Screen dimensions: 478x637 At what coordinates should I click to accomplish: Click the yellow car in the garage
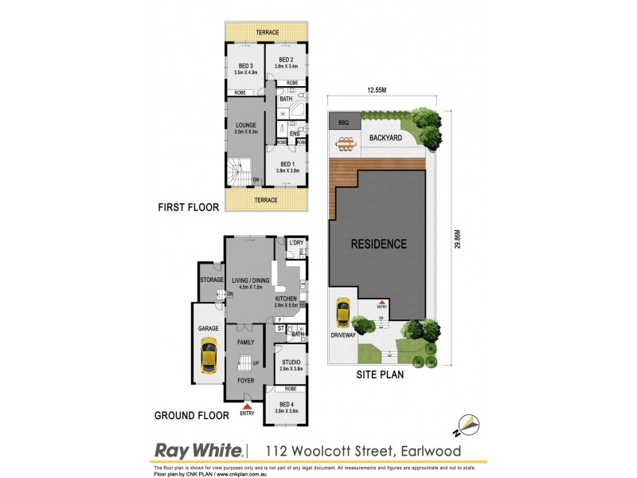(208, 355)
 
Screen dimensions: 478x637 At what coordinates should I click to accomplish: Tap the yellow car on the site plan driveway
(343, 311)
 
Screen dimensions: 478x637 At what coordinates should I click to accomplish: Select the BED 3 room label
(245, 66)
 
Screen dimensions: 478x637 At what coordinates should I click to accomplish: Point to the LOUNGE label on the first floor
(245, 125)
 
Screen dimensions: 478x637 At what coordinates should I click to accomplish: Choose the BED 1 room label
(287, 164)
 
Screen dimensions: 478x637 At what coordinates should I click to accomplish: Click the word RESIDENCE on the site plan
(379, 244)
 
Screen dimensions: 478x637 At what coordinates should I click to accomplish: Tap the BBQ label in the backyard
(344, 123)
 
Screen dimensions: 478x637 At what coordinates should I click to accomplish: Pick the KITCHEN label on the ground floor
(287, 300)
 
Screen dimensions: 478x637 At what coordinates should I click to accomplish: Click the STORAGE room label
(212, 280)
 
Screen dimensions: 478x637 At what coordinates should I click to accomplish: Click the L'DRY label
(296, 242)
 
